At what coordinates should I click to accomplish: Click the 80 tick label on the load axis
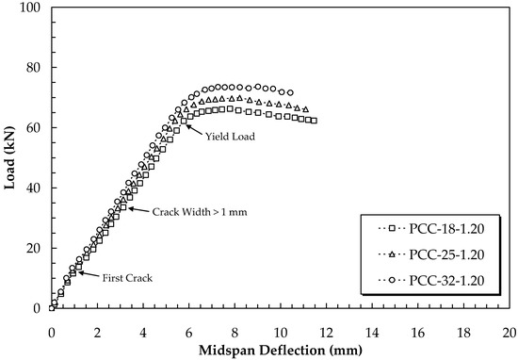(36, 68)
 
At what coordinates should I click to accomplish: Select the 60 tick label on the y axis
(36, 127)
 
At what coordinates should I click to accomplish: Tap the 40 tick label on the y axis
(36, 188)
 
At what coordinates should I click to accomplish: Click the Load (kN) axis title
(12, 157)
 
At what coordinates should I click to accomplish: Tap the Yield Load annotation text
(230, 136)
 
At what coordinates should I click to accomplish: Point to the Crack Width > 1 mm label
(200, 212)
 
